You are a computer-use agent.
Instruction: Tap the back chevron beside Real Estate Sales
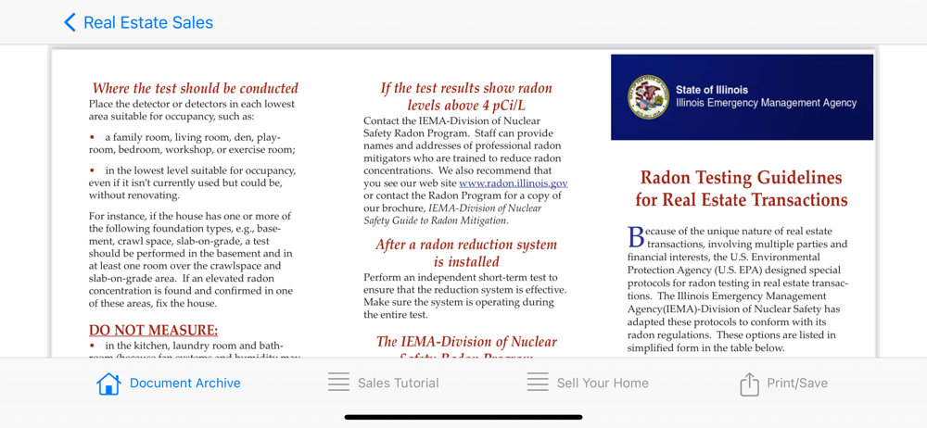click(x=70, y=22)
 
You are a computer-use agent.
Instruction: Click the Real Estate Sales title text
click(x=148, y=22)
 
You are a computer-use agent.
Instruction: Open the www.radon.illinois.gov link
click(x=513, y=183)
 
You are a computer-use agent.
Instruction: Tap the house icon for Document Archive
click(x=108, y=383)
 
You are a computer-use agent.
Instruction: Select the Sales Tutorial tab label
click(x=398, y=383)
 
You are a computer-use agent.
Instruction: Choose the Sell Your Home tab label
click(x=603, y=383)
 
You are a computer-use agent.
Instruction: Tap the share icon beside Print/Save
click(x=749, y=384)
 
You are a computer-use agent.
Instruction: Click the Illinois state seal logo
click(x=648, y=97)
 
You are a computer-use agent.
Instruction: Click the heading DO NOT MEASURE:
click(x=153, y=330)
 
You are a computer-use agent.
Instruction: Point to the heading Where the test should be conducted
click(x=195, y=88)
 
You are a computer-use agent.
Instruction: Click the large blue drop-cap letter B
click(x=636, y=237)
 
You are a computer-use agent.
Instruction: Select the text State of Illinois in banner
click(x=711, y=90)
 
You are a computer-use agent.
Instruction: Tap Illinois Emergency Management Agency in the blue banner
click(x=766, y=103)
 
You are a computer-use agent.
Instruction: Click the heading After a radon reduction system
click(x=466, y=245)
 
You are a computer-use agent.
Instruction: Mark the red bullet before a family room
click(x=92, y=137)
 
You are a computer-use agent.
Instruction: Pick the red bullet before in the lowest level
click(x=92, y=170)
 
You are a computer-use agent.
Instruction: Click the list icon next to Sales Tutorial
click(x=338, y=382)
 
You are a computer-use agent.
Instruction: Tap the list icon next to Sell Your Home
click(x=538, y=382)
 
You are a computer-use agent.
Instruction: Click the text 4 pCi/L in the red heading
click(x=503, y=106)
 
